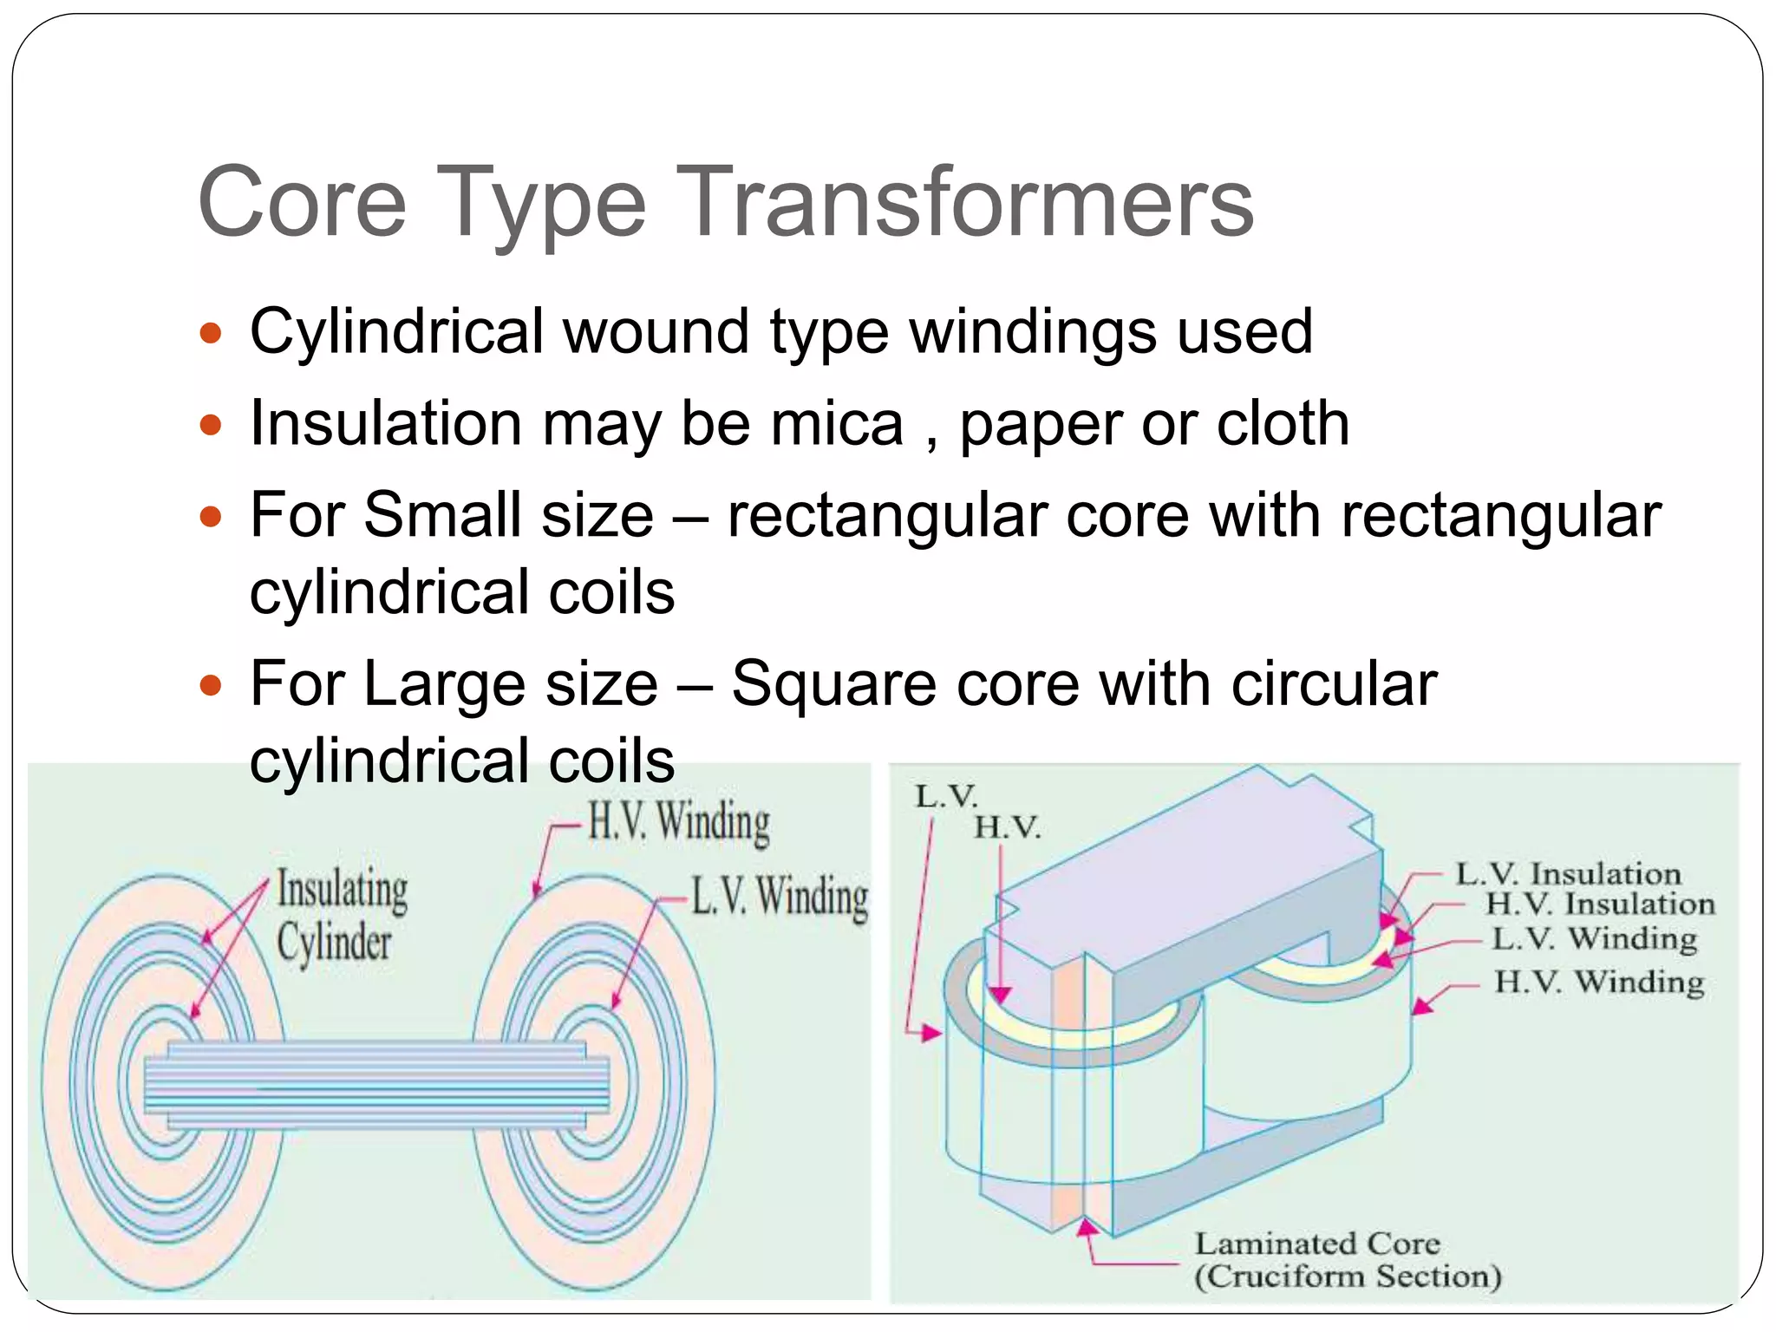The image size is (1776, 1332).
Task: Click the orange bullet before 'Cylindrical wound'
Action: [x=211, y=333]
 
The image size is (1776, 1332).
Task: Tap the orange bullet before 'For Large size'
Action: [x=211, y=686]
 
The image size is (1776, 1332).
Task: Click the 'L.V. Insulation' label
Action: [x=1568, y=874]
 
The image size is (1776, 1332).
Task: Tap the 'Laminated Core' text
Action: [x=1317, y=1244]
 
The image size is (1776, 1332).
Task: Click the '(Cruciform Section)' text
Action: [x=1348, y=1276]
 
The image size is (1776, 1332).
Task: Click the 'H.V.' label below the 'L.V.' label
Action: [x=1007, y=827]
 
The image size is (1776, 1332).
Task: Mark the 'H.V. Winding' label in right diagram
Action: [x=1598, y=983]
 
